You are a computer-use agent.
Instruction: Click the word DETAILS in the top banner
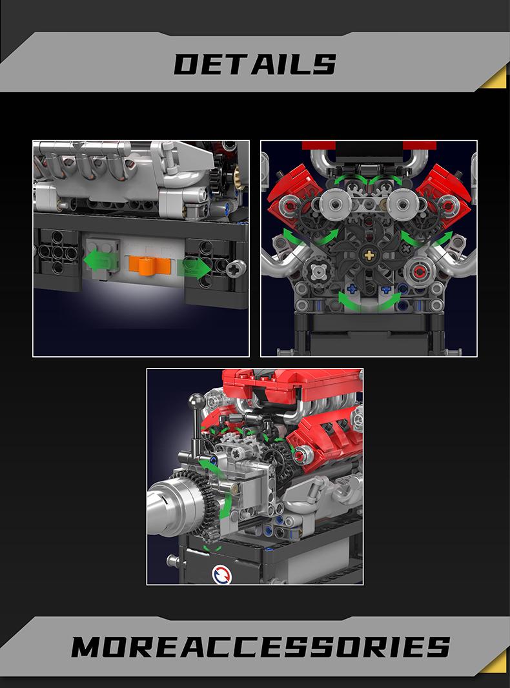[255, 65]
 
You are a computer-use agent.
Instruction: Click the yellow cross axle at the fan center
[369, 255]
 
